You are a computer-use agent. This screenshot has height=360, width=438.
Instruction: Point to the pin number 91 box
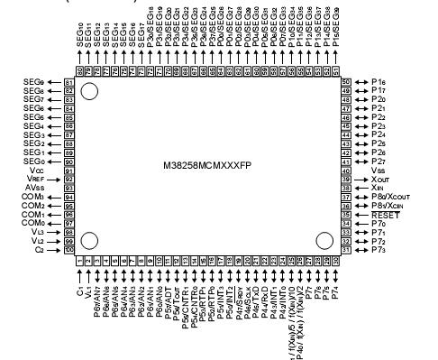point(68,170)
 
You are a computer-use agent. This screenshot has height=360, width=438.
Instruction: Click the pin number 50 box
point(345,82)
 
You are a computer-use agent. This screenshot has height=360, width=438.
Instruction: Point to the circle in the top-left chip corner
point(89,91)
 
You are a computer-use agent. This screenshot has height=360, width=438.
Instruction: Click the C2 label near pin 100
point(39,249)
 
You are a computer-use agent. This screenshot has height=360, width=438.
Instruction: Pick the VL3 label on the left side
point(36,232)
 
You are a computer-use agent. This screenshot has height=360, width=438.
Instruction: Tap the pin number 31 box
point(345,249)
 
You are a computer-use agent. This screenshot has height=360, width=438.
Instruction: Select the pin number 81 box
point(68,82)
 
